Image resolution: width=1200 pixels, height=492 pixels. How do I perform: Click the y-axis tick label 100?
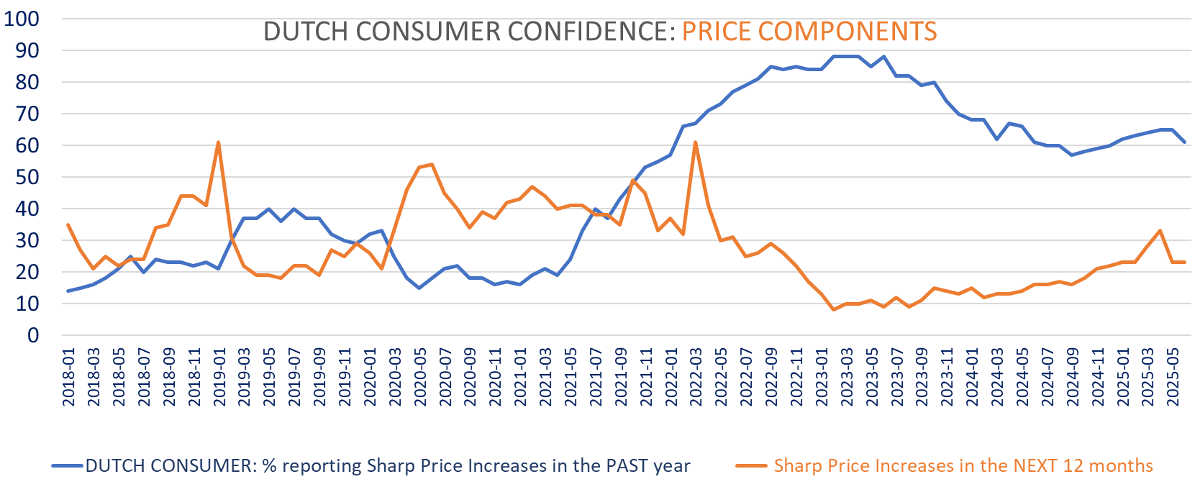tap(22, 19)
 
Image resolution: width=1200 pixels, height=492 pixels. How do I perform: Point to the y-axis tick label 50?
tap(27, 177)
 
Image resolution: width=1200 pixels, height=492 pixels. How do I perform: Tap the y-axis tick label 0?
tap(33, 335)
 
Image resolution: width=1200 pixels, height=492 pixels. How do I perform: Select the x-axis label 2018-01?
tap(69, 378)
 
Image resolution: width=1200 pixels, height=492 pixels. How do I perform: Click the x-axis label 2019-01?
tap(219, 378)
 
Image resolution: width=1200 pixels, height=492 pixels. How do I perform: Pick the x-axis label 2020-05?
tap(420, 378)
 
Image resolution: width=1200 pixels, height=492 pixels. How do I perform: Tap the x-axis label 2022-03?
tap(696, 378)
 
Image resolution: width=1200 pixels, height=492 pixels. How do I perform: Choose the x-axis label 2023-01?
tap(822, 378)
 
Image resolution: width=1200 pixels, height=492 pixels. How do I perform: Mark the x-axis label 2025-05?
tap(1173, 378)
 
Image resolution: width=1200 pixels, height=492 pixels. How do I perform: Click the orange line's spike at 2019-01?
tap(218, 142)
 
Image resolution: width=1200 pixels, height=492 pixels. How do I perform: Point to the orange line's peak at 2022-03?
tap(695, 142)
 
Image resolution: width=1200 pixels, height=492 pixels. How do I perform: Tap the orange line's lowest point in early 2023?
tap(834, 309)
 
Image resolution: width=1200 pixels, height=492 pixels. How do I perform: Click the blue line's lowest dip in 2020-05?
tap(419, 288)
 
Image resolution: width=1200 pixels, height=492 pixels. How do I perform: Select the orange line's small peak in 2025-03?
tap(1160, 231)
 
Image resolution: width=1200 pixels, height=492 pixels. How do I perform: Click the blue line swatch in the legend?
tap(68, 466)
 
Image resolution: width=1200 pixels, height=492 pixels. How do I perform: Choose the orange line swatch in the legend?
tap(751, 466)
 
